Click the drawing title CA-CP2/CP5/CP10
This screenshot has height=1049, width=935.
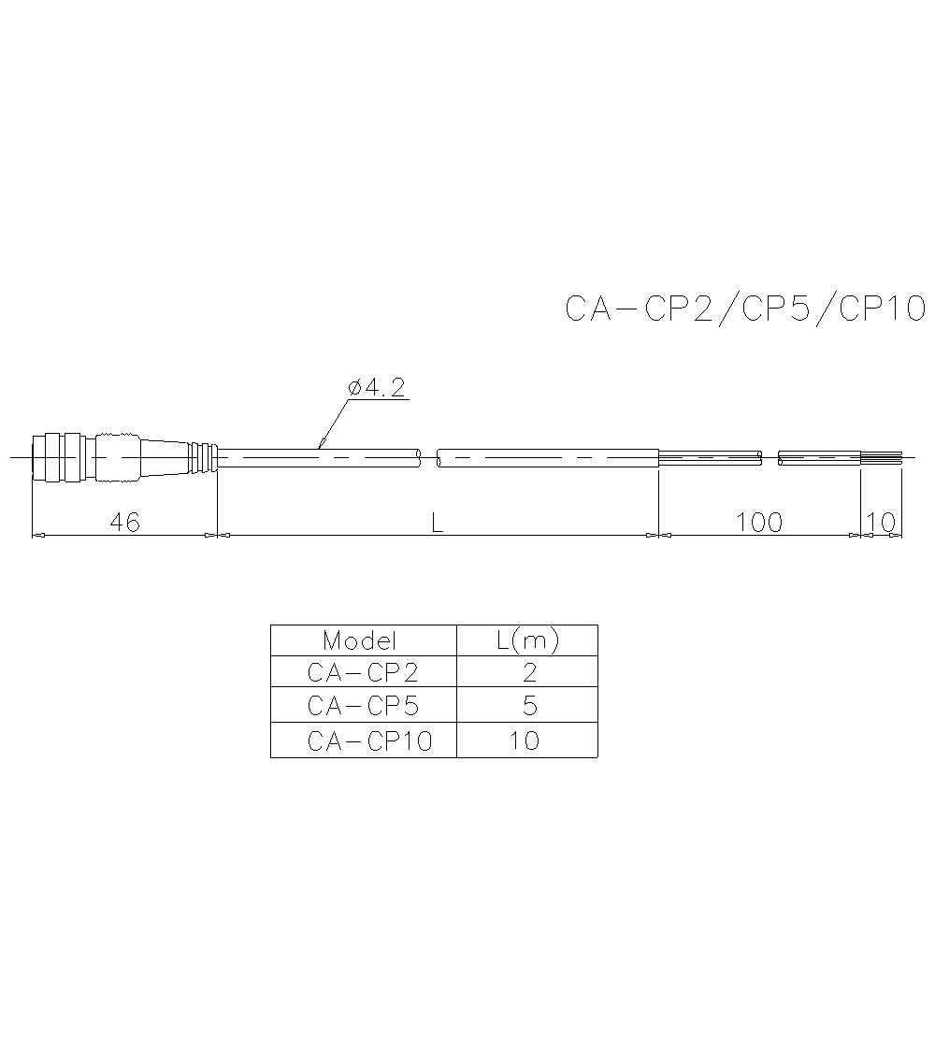coord(745,309)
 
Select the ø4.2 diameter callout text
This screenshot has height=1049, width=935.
coord(377,388)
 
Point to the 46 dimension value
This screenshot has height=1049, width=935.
coord(124,523)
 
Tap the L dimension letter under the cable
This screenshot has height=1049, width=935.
coord(437,523)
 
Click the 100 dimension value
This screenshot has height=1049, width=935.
coord(758,523)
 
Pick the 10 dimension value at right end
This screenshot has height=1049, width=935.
coord(881,523)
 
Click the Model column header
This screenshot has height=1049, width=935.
coord(360,640)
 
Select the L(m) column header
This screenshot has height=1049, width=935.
coord(526,640)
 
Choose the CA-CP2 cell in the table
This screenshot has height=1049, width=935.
coord(363,673)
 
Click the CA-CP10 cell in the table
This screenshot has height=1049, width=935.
coord(369,741)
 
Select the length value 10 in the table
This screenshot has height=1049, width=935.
coord(525,741)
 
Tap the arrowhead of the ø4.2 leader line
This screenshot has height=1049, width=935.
coord(323,443)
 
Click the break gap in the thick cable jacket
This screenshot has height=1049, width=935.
coord(429,458)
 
